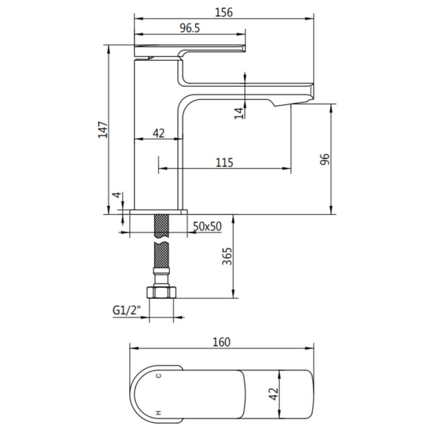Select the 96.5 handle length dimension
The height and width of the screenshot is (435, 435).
pos(190,28)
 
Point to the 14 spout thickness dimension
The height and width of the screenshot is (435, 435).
pos(238,112)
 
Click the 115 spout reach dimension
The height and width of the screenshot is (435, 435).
pos(224,162)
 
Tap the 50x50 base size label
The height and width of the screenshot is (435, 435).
pos(207,226)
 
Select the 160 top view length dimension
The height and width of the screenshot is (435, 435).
pos(221,342)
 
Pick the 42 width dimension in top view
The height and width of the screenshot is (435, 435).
pos(274,394)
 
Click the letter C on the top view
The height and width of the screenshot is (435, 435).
pos(158,375)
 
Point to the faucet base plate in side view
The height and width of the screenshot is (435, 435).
pos(159,212)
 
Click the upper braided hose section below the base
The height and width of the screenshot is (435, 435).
pos(161,226)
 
